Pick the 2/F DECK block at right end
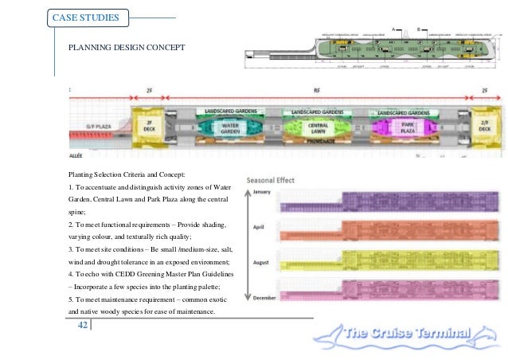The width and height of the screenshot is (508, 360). (483, 127)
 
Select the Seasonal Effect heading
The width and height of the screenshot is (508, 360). (271, 181)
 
